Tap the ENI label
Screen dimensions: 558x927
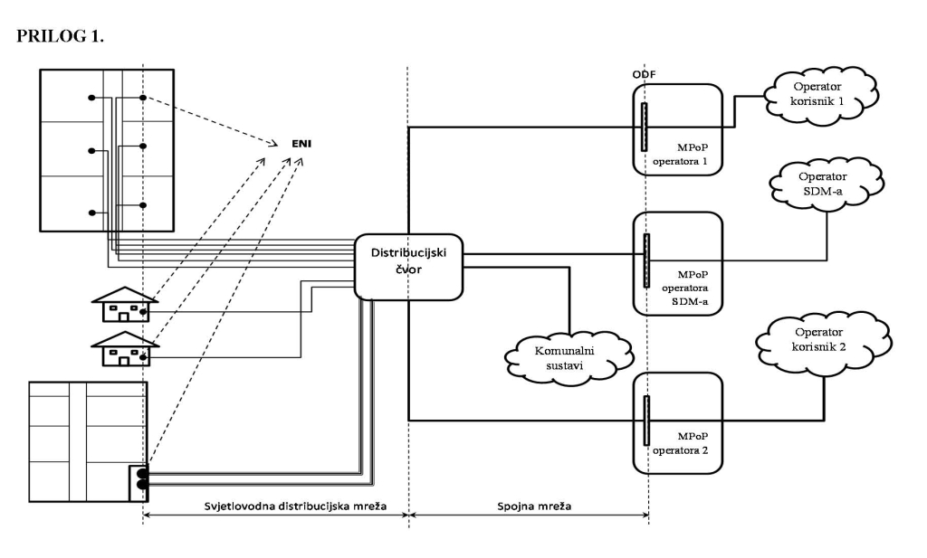pyautogui.click(x=301, y=144)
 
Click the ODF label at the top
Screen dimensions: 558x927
pyautogui.click(x=644, y=74)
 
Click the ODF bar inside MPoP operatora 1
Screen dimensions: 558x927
pyautogui.click(x=645, y=127)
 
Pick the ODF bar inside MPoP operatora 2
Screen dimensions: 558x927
pyautogui.click(x=646, y=420)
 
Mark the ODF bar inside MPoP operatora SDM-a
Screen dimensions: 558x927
pyautogui.click(x=646, y=260)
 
